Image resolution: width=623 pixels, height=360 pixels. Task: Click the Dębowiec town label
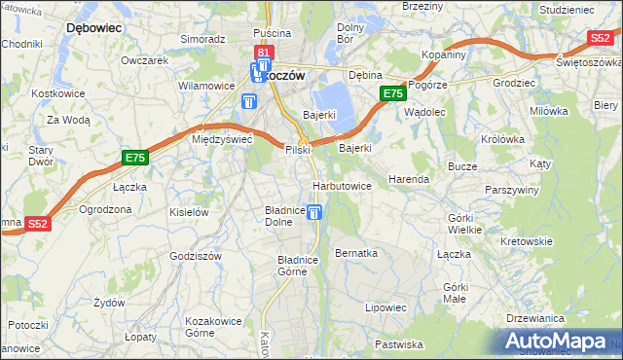point(93,28)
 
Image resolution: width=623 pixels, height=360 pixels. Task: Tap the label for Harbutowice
point(342,185)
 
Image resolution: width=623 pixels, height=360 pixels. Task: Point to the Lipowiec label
point(385,307)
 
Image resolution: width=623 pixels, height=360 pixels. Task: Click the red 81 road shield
point(263,52)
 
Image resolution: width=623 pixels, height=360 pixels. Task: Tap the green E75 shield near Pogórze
point(392,93)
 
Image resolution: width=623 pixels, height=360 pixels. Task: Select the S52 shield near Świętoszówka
point(600,38)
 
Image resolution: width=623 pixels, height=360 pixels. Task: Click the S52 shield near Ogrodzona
point(38,223)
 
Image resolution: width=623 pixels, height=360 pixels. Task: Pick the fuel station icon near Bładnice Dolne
point(313,212)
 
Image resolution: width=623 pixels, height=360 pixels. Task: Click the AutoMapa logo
point(560,341)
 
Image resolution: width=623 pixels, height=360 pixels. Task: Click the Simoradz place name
point(202,39)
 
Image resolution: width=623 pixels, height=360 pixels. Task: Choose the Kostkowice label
point(54,93)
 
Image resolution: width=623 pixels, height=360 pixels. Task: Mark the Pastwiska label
point(399,343)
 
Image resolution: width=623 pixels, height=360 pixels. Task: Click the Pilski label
point(297,150)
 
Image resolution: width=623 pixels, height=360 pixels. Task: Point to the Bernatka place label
point(355,252)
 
